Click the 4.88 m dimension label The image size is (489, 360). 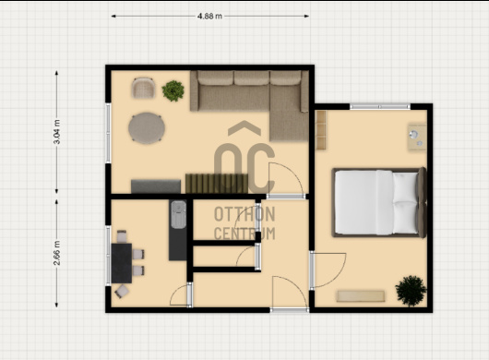click(209, 16)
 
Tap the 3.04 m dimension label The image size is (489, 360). click(57, 132)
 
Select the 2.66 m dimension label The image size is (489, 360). click(57, 253)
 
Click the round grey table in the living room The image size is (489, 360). click(147, 128)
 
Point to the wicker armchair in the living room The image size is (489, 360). click(143, 88)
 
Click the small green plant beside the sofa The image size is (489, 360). click(173, 90)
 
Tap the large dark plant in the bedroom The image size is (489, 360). click(411, 291)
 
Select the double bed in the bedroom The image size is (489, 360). click(379, 202)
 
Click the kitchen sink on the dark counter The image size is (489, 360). click(178, 215)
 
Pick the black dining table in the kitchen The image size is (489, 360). click(122, 263)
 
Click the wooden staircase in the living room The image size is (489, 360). click(217, 184)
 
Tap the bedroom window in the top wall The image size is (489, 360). click(380, 107)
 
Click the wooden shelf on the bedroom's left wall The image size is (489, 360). click(321, 130)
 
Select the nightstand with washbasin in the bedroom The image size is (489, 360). click(417, 138)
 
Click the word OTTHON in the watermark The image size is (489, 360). click(244, 214)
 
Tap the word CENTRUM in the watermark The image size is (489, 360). click(244, 234)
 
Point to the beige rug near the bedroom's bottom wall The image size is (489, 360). click(361, 296)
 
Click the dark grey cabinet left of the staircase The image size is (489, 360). click(156, 186)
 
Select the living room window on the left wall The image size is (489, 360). click(108, 133)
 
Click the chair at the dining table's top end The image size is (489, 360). click(122, 236)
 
